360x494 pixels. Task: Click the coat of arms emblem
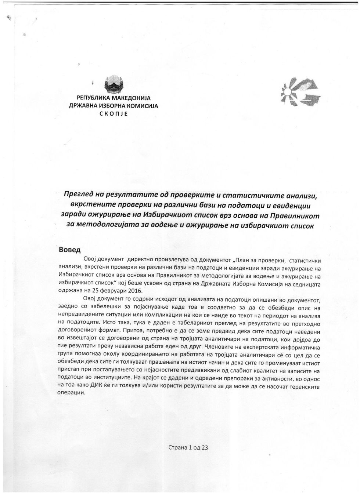(x=114, y=84)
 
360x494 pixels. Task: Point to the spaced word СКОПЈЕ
(x=114, y=113)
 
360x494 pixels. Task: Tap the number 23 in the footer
(x=205, y=447)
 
